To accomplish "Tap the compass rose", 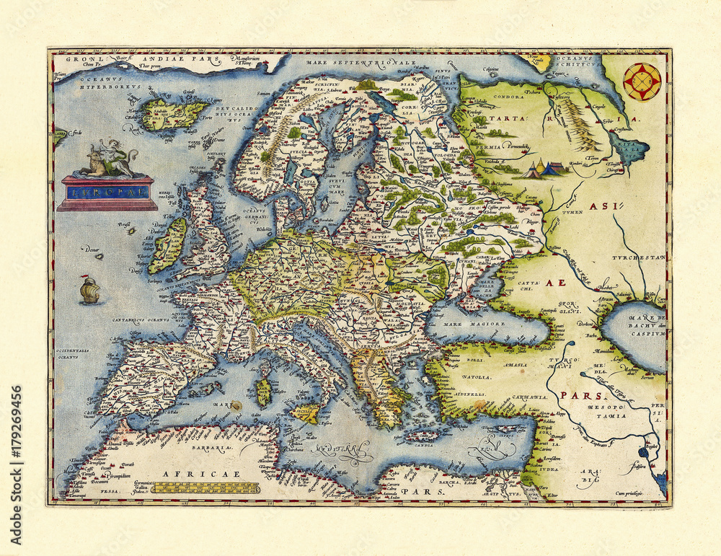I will (x=642, y=81).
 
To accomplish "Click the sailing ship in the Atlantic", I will (x=89, y=290).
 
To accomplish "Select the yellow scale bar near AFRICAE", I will (x=209, y=488).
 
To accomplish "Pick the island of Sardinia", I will (x=264, y=392).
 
